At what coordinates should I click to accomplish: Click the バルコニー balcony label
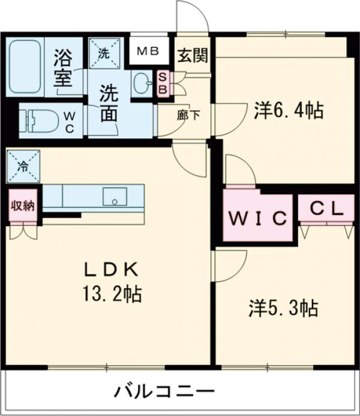[164, 393]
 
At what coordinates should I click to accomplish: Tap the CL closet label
[326, 209]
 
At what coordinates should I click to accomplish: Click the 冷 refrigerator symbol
[22, 166]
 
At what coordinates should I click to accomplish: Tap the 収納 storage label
[22, 205]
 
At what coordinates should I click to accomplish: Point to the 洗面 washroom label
[109, 104]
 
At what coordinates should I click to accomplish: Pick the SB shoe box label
[162, 83]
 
